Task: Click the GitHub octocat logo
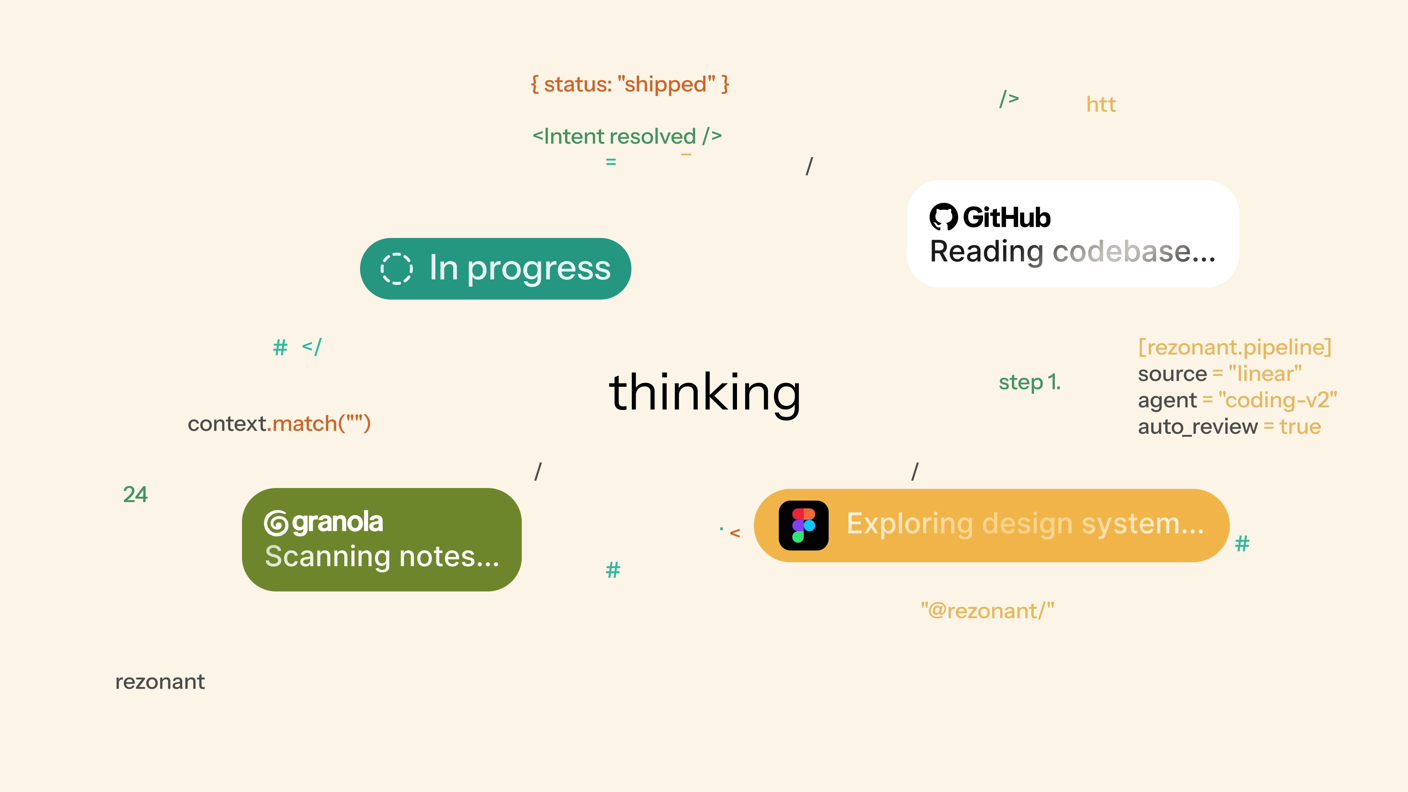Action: (943, 217)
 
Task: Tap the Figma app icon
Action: (803, 525)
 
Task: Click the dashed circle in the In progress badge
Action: (396, 268)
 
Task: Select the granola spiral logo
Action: (276, 523)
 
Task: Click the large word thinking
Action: (705, 392)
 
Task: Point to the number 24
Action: (135, 495)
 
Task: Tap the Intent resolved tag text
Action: (627, 136)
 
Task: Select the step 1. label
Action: (1030, 382)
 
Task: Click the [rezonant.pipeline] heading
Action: (1235, 347)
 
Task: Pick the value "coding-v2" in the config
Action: (1278, 400)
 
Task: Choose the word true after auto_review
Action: (1300, 426)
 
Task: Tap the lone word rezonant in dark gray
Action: (160, 682)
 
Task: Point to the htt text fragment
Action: (1101, 104)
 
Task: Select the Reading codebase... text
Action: (1073, 252)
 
